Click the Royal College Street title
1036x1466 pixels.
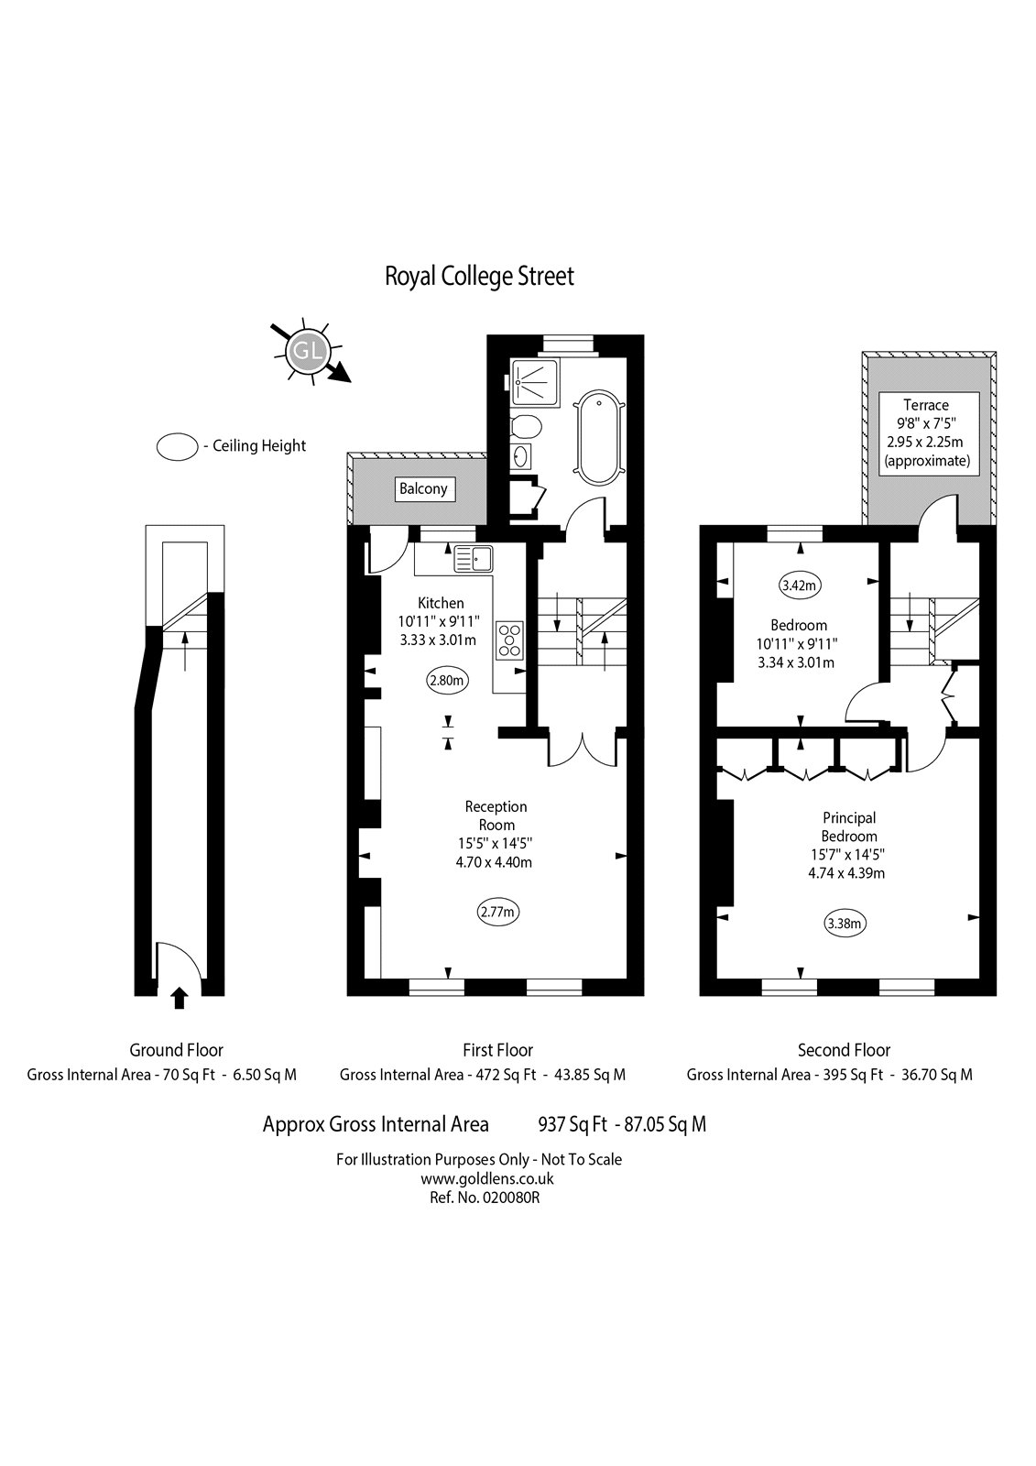point(479,276)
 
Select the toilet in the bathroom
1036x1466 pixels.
point(526,426)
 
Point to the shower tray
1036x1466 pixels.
point(534,379)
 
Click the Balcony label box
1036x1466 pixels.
point(423,488)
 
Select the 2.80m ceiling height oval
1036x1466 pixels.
point(448,680)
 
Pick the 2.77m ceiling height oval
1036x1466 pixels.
point(498,912)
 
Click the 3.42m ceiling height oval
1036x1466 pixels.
point(800,584)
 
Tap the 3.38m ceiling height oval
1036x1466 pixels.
point(845,924)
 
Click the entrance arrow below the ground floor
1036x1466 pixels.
point(180,998)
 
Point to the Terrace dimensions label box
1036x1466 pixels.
point(926,432)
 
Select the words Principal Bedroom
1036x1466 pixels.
point(848,826)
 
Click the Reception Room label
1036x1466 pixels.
point(496,815)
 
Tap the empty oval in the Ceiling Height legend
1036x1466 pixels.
point(178,446)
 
